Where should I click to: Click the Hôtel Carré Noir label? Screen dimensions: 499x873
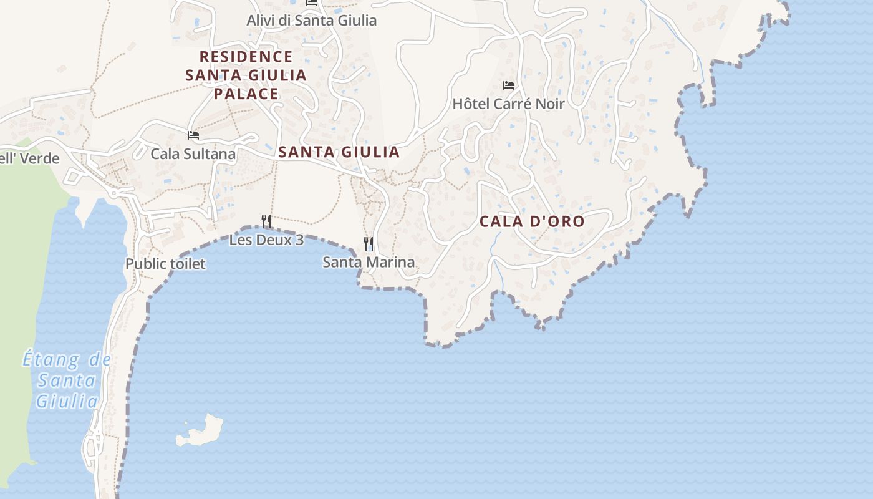pos(508,104)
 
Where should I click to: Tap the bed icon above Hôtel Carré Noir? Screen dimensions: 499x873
pos(509,85)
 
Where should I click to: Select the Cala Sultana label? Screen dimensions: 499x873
pos(193,153)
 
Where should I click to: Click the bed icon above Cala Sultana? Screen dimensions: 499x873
pos(193,135)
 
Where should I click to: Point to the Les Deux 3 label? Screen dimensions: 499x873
pos(266,240)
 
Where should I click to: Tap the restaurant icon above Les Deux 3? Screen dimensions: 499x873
pos(266,221)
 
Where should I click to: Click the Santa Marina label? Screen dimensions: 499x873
pos(369,262)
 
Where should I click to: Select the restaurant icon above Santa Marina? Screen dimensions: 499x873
pos(369,243)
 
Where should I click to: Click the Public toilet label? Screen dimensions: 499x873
pos(165,264)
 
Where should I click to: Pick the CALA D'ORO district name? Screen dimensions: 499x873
pos(532,221)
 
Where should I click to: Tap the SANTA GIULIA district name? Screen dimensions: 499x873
pos(339,152)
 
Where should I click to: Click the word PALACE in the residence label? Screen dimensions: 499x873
pos(246,94)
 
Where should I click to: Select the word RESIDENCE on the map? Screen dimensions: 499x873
pos(246,57)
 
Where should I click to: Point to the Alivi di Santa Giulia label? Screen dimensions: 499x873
pos(312,21)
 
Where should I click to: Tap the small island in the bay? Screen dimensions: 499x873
pos(201,431)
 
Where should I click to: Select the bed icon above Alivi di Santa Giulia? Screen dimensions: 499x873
pos(312,2)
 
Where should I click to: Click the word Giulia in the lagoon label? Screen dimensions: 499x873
pos(67,401)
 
